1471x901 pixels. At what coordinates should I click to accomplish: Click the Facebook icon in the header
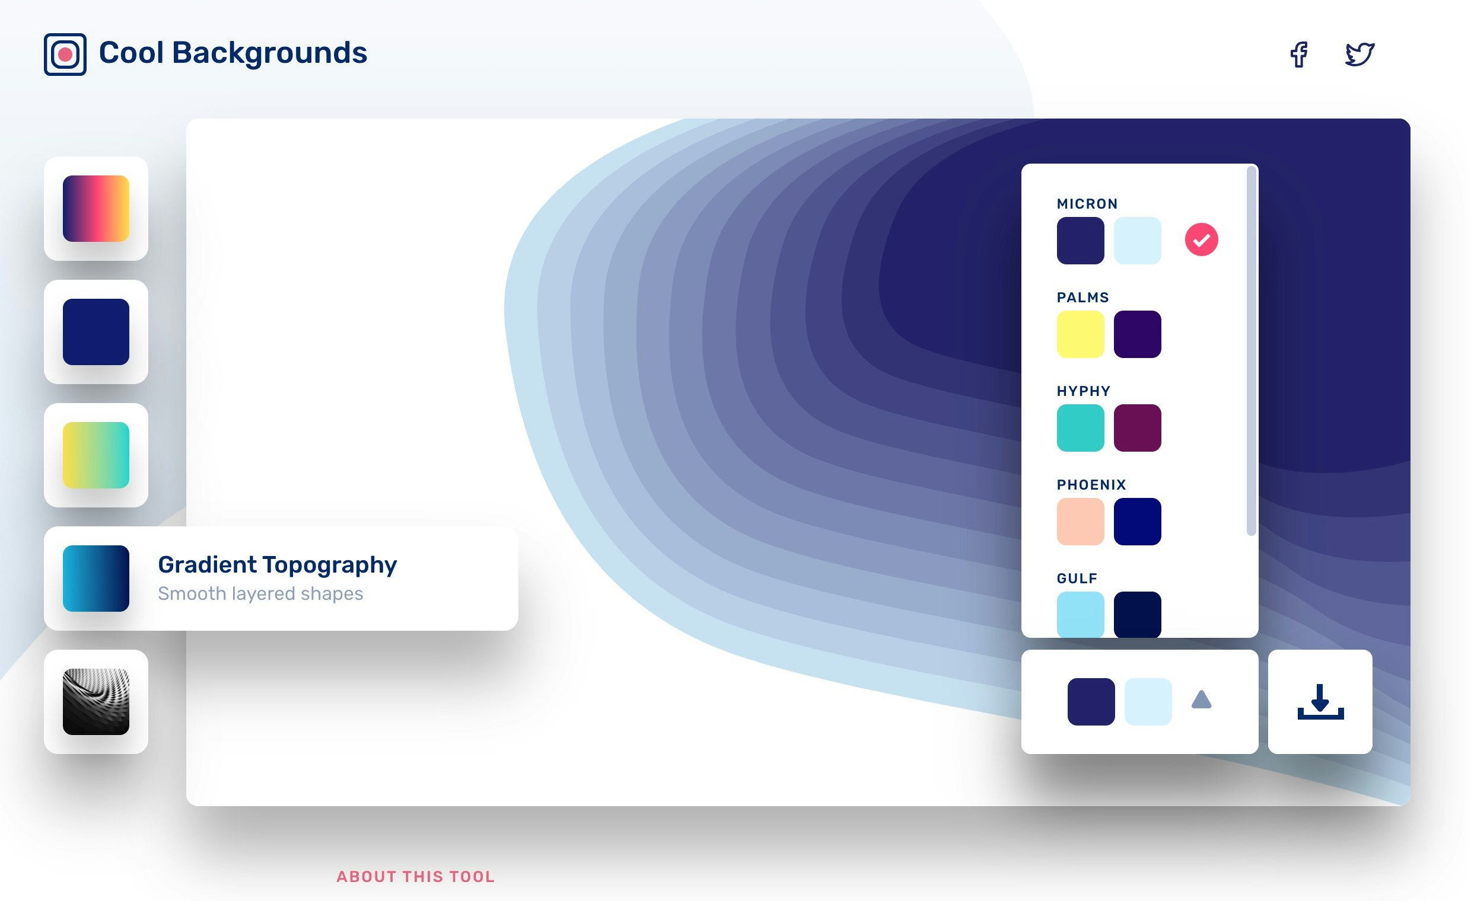click(x=1299, y=55)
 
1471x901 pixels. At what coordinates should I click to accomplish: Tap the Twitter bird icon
click(x=1359, y=55)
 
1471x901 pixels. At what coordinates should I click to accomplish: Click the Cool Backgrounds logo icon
click(x=65, y=55)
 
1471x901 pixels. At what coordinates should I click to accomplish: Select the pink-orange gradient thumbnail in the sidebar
click(x=96, y=209)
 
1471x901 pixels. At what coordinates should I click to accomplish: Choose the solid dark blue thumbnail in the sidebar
click(x=96, y=332)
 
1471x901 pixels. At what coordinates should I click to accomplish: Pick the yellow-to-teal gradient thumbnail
click(x=96, y=455)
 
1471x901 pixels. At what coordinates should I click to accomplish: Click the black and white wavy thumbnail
click(x=96, y=702)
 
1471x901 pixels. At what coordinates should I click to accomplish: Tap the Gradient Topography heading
click(x=277, y=564)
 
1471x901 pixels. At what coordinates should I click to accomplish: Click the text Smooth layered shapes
click(x=260, y=594)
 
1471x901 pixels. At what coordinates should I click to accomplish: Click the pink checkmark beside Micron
click(x=1201, y=240)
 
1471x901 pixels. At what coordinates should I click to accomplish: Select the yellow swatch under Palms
click(x=1080, y=334)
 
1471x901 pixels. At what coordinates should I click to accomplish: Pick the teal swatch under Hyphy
click(x=1080, y=428)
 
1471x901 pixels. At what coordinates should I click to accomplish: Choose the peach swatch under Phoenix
click(x=1080, y=522)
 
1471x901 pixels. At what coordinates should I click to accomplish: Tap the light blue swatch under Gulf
click(x=1080, y=614)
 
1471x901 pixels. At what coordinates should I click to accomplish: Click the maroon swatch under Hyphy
click(x=1137, y=428)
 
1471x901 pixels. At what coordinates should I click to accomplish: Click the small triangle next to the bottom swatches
click(x=1201, y=700)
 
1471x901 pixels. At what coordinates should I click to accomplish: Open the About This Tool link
click(x=416, y=877)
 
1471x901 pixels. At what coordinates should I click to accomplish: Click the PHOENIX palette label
click(x=1091, y=484)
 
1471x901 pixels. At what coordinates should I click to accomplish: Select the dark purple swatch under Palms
click(x=1137, y=334)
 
